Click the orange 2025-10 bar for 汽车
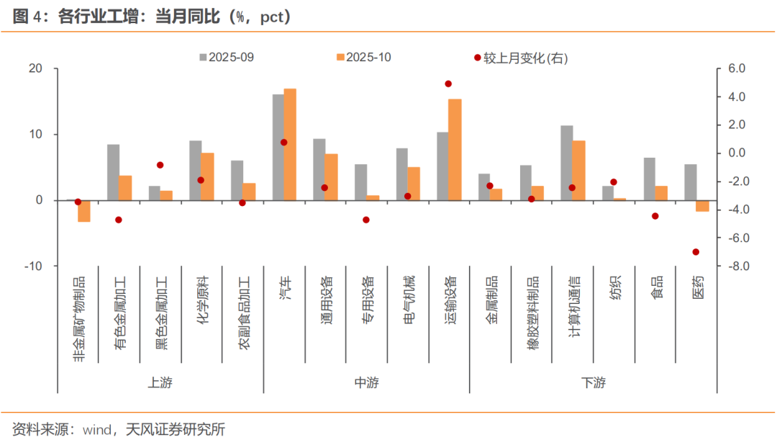[x=290, y=144]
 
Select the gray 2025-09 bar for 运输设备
[x=442, y=166]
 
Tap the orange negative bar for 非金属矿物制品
[x=84, y=211]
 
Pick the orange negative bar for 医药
[x=703, y=206]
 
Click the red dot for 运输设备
[x=448, y=84]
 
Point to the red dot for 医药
[x=696, y=252]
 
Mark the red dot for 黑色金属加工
[x=160, y=165]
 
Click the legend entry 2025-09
[x=226, y=58]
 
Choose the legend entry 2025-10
[x=363, y=58]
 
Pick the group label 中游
[x=366, y=382]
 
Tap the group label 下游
[x=593, y=382]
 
